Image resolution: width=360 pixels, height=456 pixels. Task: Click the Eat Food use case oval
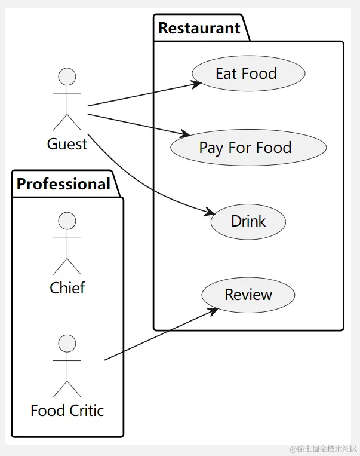click(248, 74)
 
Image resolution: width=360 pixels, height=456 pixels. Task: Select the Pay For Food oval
click(248, 148)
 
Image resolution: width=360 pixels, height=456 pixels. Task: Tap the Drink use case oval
click(248, 221)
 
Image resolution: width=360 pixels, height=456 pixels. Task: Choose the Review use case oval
click(248, 295)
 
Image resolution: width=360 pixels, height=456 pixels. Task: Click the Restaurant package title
click(199, 28)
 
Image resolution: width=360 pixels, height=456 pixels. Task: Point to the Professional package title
click(64, 184)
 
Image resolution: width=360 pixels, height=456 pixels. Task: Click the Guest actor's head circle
click(67, 76)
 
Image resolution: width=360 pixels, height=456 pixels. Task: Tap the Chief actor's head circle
click(67, 221)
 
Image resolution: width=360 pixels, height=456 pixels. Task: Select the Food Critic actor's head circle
click(67, 344)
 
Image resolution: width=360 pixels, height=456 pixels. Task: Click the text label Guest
click(67, 144)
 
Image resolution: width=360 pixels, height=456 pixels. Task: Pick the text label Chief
click(67, 288)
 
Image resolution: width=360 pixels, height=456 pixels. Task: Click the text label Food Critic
click(67, 411)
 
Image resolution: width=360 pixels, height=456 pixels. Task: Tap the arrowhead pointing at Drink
click(210, 212)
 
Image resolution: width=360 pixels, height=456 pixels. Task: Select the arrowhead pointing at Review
click(213, 310)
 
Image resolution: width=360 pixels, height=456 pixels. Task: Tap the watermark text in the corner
click(324, 449)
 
